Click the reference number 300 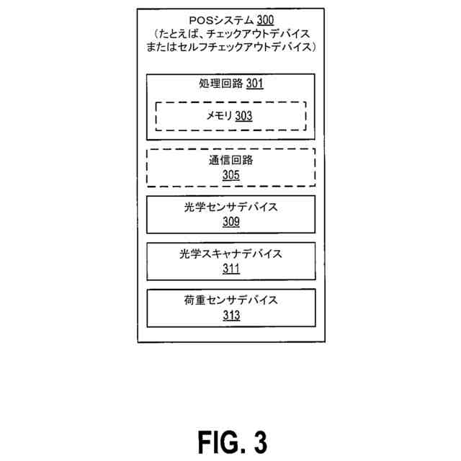(x=264, y=20)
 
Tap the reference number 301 (x=254, y=84)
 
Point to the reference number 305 (x=230, y=174)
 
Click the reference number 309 (x=230, y=221)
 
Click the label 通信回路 (x=230, y=161)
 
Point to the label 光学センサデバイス (x=230, y=207)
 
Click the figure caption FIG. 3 (x=230, y=439)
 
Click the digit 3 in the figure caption (x=260, y=439)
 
